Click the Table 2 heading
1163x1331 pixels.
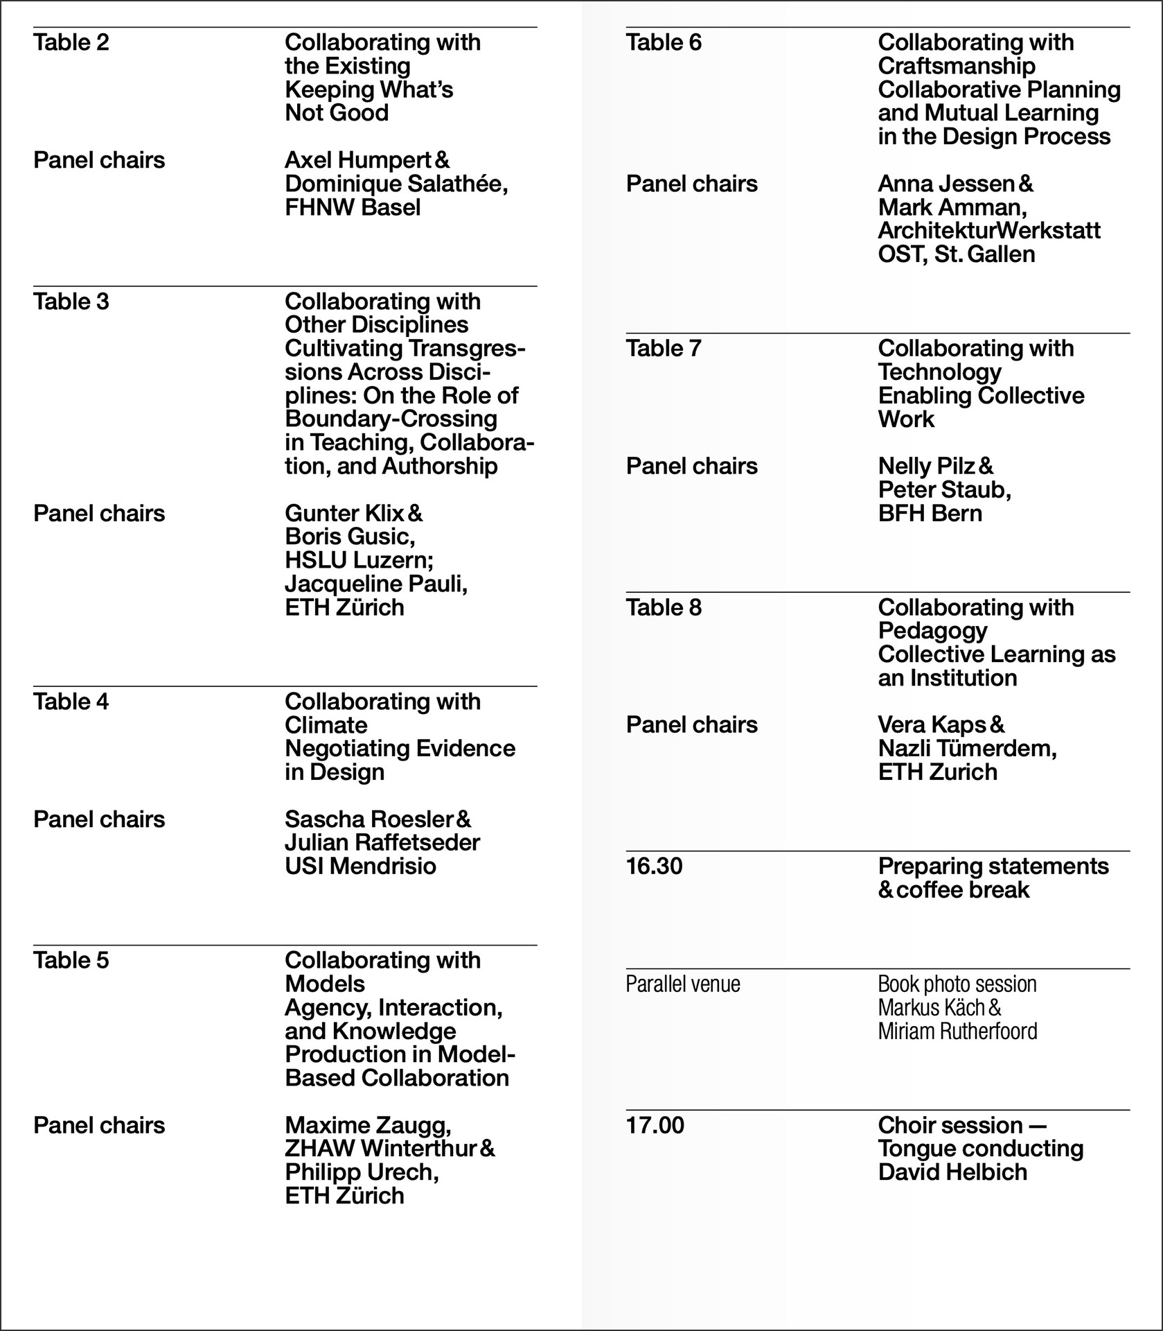point(71,43)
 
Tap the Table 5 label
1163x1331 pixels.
point(71,961)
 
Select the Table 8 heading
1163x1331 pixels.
point(664,608)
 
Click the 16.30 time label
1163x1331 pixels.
point(654,867)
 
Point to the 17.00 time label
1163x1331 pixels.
point(655,1125)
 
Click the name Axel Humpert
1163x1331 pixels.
point(358,161)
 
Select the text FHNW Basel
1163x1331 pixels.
point(353,207)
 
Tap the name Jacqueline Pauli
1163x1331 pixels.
point(376,584)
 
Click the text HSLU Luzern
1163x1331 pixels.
point(358,560)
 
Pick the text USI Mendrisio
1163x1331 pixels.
point(360,867)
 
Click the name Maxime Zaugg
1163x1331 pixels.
point(368,1125)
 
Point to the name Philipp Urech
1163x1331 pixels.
point(362,1172)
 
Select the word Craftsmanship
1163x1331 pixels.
point(957,67)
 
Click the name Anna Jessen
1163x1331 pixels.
point(946,184)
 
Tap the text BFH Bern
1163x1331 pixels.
point(930,514)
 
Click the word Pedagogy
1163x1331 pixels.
point(932,631)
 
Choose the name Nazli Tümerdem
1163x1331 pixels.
point(967,749)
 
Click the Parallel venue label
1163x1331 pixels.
point(683,984)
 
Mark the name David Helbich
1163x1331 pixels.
point(952,1172)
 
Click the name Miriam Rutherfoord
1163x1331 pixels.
point(957,1032)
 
